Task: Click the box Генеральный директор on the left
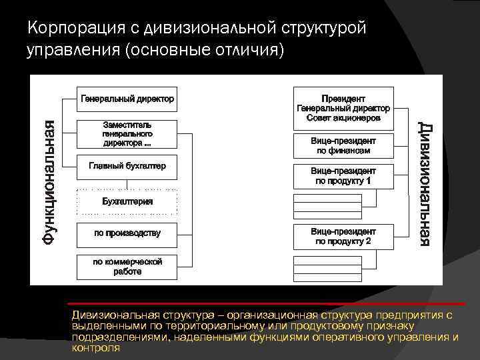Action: click(127, 99)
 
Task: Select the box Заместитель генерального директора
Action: click(127, 134)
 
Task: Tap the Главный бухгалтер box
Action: click(127, 167)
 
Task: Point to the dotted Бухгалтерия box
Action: click(127, 201)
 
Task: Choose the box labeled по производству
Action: click(127, 233)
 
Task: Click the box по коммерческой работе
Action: click(127, 267)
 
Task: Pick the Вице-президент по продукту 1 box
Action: click(343, 176)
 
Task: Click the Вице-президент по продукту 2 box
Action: click(343, 236)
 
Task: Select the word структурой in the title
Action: click(323, 28)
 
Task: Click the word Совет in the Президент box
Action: click(319, 118)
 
